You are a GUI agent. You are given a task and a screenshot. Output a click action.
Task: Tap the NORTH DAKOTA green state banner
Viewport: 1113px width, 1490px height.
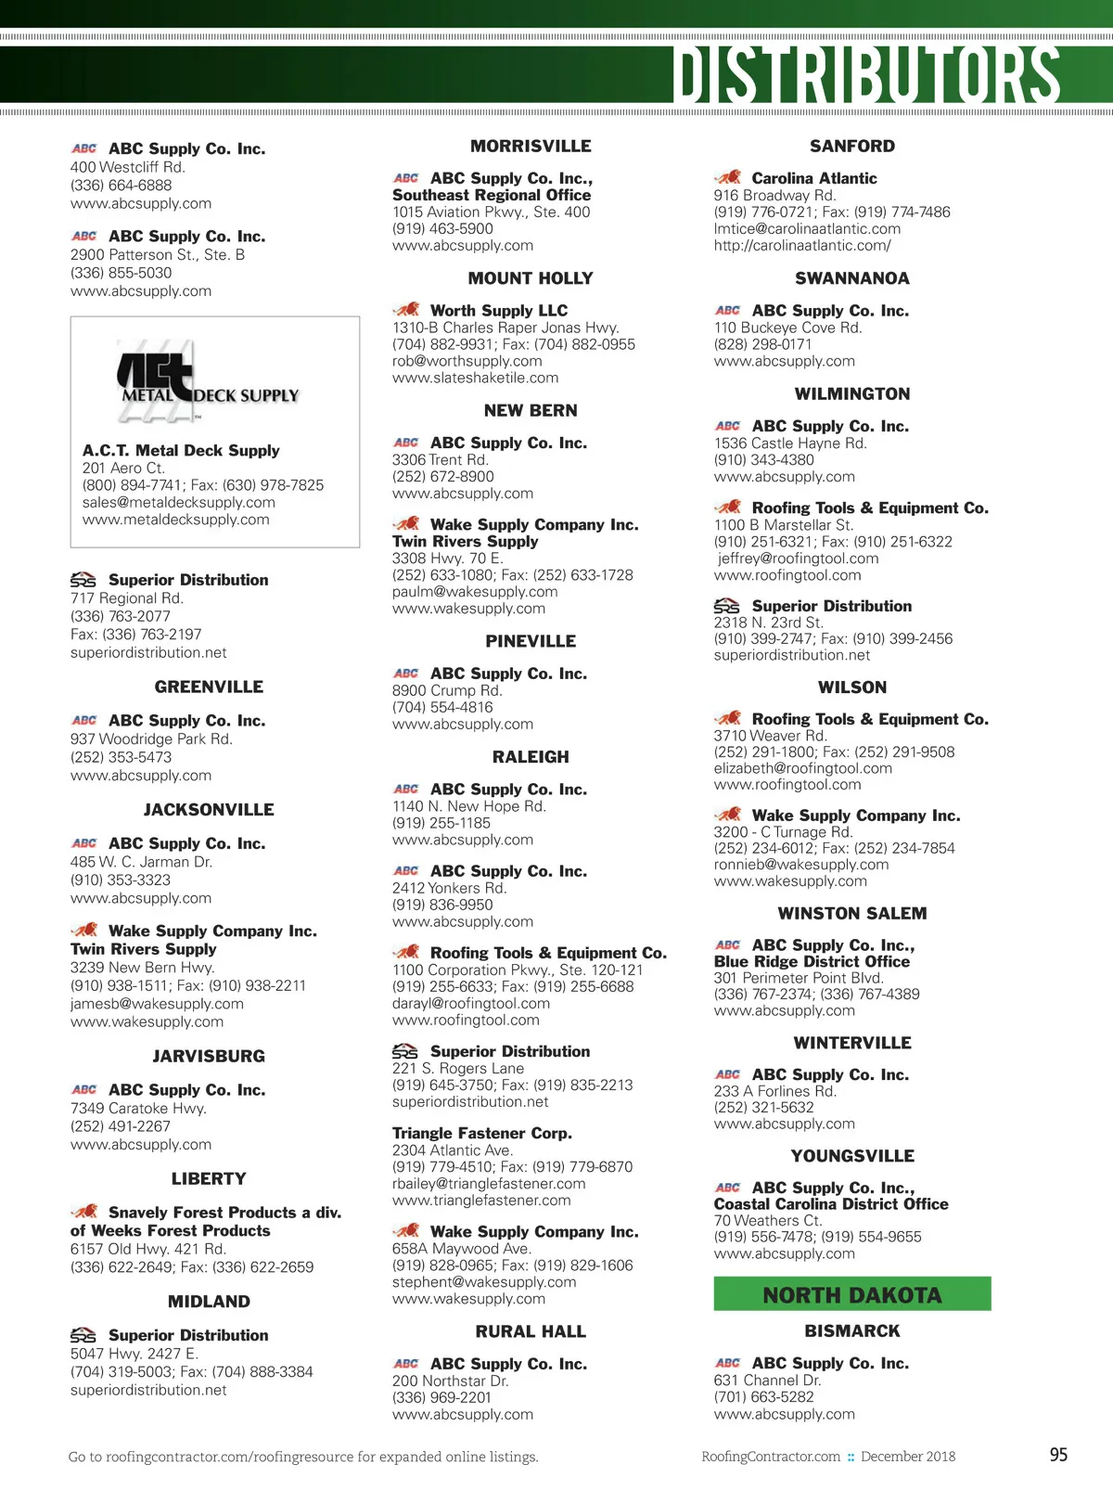[851, 1294]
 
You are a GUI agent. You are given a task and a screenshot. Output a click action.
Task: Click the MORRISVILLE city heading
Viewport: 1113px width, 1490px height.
[531, 147]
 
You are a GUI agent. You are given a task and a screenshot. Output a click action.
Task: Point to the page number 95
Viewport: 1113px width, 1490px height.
[1058, 1455]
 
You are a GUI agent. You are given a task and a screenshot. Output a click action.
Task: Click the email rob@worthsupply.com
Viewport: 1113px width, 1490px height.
[467, 361]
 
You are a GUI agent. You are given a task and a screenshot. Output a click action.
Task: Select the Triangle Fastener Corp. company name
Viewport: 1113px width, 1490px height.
[481, 1133]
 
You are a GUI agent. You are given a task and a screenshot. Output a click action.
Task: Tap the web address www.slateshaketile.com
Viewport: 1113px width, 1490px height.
[475, 378]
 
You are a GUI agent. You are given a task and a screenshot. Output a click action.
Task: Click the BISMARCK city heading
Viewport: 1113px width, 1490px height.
[851, 1330]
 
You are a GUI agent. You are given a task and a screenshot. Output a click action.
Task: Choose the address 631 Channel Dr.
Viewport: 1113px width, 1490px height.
[767, 1380]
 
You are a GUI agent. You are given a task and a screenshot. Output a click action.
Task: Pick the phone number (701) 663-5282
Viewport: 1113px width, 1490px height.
[763, 1396]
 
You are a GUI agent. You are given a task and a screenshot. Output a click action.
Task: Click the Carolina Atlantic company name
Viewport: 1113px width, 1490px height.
[813, 178]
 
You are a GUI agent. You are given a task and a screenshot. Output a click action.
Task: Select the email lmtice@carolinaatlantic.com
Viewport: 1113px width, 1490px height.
[807, 228]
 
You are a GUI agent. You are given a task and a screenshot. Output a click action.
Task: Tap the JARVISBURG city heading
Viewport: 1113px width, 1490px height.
[209, 1056]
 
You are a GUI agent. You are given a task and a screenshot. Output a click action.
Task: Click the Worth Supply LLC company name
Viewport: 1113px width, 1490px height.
[498, 311]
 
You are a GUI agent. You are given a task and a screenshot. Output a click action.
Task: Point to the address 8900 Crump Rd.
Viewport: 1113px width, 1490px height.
[447, 690]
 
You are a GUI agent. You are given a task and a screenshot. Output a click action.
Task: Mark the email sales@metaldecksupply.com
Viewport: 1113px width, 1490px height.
[178, 502]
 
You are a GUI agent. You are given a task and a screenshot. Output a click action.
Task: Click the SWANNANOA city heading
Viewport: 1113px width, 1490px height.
[851, 278]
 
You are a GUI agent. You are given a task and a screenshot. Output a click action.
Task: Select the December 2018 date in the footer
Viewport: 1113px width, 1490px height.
[907, 1457]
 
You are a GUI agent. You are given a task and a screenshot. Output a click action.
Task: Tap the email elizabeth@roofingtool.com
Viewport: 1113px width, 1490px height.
[802, 768]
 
